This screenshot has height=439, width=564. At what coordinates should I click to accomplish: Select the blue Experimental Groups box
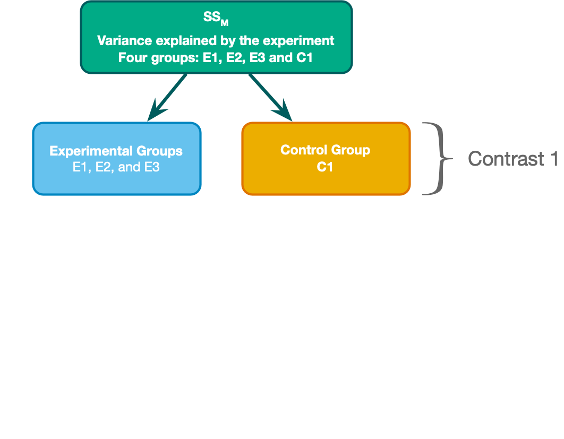[x=116, y=159]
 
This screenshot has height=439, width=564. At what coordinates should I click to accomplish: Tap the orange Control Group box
[x=326, y=159]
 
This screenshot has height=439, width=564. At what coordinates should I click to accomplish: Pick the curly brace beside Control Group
[x=438, y=159]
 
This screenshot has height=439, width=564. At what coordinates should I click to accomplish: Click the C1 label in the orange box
[x=325, y=167]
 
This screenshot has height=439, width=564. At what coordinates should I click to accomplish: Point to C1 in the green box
[x=304, y=58]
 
